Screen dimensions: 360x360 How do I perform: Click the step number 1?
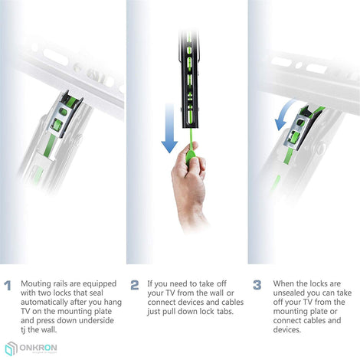(8, 286)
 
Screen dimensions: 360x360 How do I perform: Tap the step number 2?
(135, 285)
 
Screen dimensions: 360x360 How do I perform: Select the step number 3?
(257, 285)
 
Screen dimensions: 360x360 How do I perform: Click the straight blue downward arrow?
(169, 128)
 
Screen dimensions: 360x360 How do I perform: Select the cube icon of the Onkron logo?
(11, 349)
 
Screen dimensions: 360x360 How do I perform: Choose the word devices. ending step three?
(287, 329)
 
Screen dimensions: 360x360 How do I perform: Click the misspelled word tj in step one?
(23, 330)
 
